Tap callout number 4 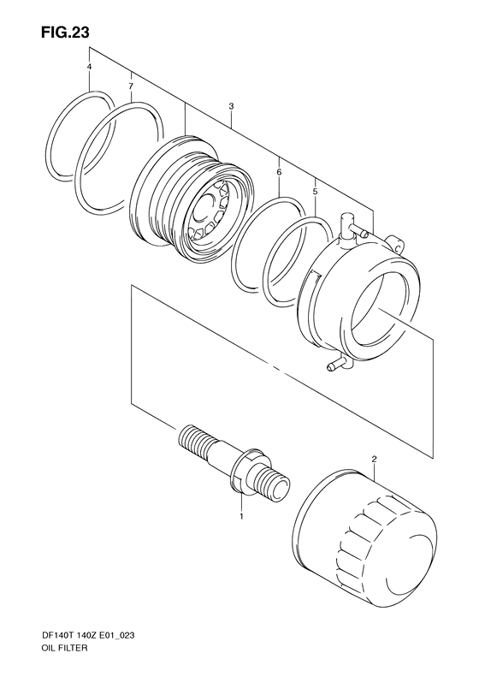(x=89, y=67)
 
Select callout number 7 (x=130, y=87)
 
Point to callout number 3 (x=231, y=106)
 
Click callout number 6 (x=279, y=173)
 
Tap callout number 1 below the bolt (x=241, y=517)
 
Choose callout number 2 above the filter (x=374, y=460)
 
